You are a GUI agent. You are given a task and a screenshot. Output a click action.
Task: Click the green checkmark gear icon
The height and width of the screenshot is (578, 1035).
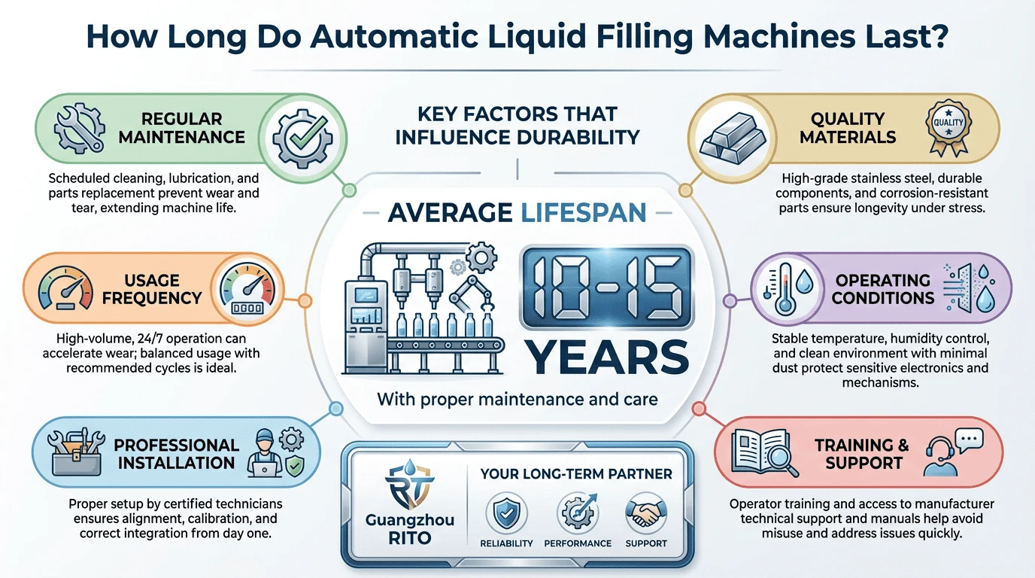pos(302,138)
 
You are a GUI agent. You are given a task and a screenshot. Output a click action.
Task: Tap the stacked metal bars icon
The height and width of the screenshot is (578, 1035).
pos(732,138)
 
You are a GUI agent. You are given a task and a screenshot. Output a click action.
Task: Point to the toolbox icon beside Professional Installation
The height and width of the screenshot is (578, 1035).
pos(76,452)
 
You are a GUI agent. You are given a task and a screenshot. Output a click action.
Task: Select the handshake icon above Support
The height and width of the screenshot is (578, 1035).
pos(645,513)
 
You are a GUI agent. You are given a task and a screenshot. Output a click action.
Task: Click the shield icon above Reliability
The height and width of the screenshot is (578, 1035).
pos(506,513)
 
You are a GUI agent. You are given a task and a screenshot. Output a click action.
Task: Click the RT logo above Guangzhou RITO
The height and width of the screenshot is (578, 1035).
pos(409,485)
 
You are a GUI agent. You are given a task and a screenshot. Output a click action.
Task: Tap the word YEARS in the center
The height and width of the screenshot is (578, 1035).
pos(607,357)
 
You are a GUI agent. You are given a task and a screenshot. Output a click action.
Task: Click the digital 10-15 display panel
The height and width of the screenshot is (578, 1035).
pos(607,287)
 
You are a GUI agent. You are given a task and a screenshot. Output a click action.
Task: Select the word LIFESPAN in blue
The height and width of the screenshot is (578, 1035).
pos(584,213)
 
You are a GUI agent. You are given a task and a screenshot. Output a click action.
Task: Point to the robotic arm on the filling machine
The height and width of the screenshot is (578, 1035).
pos(472,296)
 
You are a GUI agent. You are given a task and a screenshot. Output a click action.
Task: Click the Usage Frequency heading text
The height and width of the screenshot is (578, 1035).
pos(151,289)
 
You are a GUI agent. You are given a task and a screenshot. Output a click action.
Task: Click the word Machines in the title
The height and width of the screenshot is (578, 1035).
pos(779,36)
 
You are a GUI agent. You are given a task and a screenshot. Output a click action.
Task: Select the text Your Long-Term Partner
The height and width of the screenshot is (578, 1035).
pos(575,474)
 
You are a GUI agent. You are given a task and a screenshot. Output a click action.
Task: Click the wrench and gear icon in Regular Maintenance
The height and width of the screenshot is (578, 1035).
pos(78,128)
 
